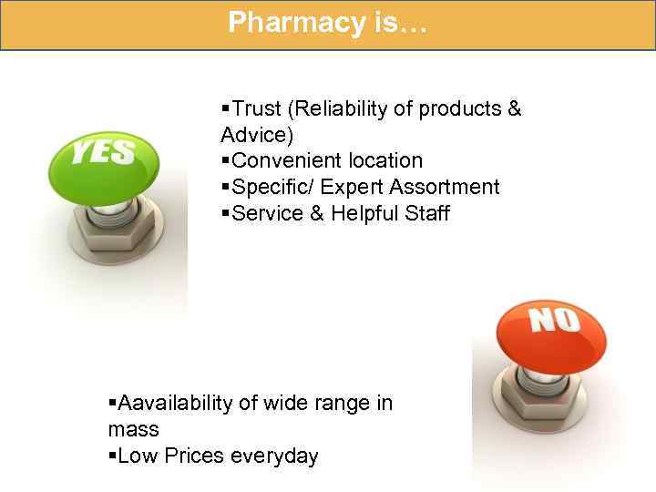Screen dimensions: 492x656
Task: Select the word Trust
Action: click(x=257, y=109)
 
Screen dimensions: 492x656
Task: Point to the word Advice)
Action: click(x=257, y=135)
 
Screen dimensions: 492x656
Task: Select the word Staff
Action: click(x=426, y=214)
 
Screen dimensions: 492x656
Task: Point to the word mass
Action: click(x=133, y=429)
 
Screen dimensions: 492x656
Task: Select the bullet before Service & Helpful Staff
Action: click(x=225, y=214)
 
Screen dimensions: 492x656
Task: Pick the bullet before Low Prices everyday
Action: click(x=112, y=456)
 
